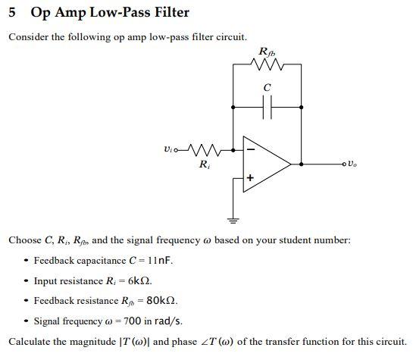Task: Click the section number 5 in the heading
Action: tap(13, 13)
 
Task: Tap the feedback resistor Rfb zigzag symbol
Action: tap(267, 65)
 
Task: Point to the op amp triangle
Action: tap(264, 162)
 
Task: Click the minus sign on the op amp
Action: tap(250, 150)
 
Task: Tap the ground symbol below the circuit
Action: tap(233, 221)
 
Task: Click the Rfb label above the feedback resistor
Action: tap(267, 52)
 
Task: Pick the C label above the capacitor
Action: tap(267, 88)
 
